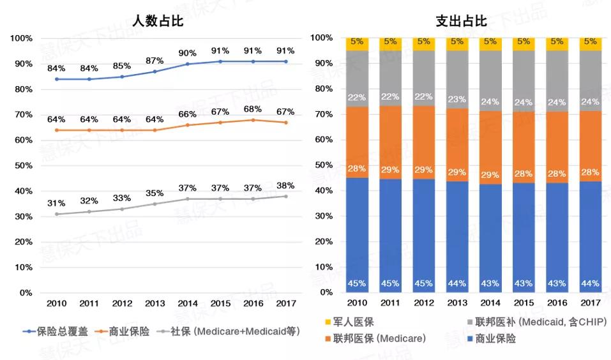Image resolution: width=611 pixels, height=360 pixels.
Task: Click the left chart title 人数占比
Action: tap(157, 21)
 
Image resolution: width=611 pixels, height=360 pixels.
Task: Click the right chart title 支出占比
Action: tap(461, 21)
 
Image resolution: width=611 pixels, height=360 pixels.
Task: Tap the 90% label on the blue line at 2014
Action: tap(187, 53)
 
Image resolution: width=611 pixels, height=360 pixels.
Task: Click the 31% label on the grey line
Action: tap(56, 203)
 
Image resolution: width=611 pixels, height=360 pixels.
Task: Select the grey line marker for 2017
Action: tap(285, 196)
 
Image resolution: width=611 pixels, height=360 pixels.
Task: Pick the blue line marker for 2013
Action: tap(155, 71)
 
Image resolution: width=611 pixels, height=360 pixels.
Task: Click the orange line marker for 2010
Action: tap(56, 130)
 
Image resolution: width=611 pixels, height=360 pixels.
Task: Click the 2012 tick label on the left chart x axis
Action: tap(122, 304)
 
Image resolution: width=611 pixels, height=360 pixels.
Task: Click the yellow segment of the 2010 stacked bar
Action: tap(357, 44)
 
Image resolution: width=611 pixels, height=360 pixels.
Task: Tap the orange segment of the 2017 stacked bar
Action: tap(590, 146)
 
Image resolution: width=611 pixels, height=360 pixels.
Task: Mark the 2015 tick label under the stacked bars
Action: tap(523, 304)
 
